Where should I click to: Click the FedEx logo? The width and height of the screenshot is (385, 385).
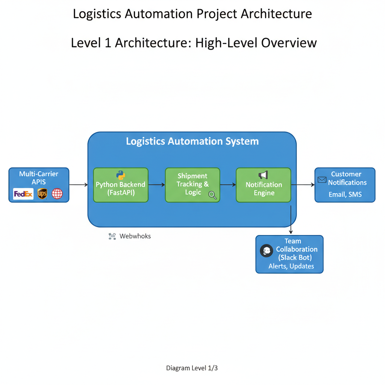click(23, 194)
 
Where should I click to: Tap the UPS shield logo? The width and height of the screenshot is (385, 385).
click(42, 194)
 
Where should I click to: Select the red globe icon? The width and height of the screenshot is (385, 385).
click(57, 194)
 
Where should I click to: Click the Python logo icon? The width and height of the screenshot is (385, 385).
click(121, 175)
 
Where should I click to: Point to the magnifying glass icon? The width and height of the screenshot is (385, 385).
click(212, 195)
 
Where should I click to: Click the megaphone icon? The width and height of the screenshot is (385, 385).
click(263, 175)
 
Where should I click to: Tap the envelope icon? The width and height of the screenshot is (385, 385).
click(322, 180)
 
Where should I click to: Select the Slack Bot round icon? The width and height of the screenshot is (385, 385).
click(266, 251)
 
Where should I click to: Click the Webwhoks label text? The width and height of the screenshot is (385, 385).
click(135, 236)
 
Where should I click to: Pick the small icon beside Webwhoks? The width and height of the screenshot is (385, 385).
click(112, 236)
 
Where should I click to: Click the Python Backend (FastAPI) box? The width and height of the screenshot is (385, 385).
click(121, 185)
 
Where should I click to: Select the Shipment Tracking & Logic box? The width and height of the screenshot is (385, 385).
click(192, 185)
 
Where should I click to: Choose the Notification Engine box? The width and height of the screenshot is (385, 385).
click(264, 185)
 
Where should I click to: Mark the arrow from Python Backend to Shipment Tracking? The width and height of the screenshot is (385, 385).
click(157, 185)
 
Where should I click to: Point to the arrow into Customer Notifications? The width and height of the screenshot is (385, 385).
click(303, 185)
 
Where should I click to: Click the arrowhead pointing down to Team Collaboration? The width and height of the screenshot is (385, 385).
click(291, 232)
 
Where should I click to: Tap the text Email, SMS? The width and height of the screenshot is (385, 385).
click(345, 194)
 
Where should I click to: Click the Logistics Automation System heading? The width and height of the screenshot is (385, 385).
click(192, 141)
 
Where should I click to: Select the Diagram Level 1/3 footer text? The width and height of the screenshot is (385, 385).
click(192, 368)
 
